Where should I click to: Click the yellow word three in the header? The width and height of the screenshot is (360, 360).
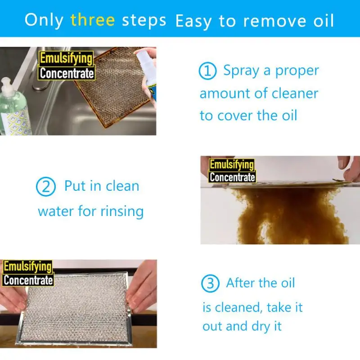point(92,20)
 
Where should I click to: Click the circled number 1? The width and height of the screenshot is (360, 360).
point(207,72)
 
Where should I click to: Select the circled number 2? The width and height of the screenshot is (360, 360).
point(45,187)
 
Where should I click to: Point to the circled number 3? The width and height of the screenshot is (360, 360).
point(210,283)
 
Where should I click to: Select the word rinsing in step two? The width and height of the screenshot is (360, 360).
point(121,211)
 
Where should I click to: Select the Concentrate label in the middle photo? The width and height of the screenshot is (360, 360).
point(232,177)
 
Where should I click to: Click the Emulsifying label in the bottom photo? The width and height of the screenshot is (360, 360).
point(27,267)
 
